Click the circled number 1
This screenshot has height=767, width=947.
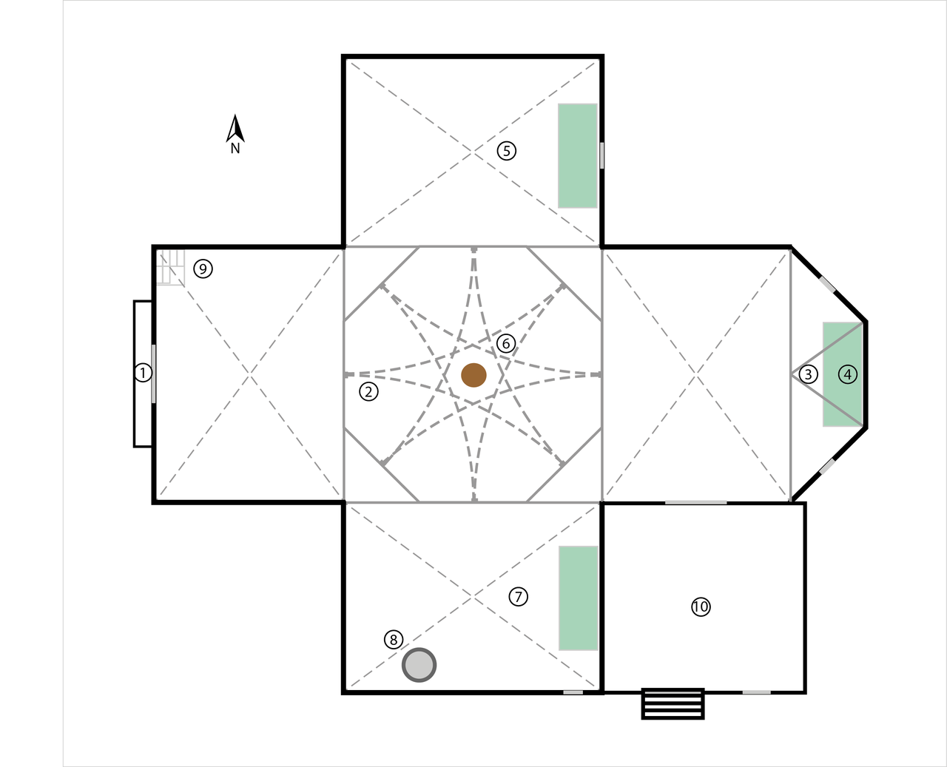[143, 373]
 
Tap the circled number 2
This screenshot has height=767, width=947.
[368, 391]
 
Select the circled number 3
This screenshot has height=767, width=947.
[809, 374]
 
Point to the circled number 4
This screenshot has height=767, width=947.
[847, 374]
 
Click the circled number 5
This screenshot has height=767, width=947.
[506, 151]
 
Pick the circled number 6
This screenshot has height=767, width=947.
[506, 343]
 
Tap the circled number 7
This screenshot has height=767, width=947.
[519, 597]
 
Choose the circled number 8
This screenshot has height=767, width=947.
[394, 640]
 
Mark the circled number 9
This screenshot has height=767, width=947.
[203, 268]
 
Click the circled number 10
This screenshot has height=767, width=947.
[701, 606]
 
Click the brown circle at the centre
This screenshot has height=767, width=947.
[473, 375]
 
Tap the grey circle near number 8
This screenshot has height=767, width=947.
[419, 665]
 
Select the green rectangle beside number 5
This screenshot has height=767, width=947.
[578, 155]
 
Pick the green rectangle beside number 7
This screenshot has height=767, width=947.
[579, 598]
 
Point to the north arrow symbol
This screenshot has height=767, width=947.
[235, 129]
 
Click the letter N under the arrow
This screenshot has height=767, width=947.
[235, 149]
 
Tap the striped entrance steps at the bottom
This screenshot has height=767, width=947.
[673, 703]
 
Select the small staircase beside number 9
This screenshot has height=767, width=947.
[170, 266]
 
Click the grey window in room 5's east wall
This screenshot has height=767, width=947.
[601, 155]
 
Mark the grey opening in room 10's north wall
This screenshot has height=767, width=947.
[695, 503]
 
